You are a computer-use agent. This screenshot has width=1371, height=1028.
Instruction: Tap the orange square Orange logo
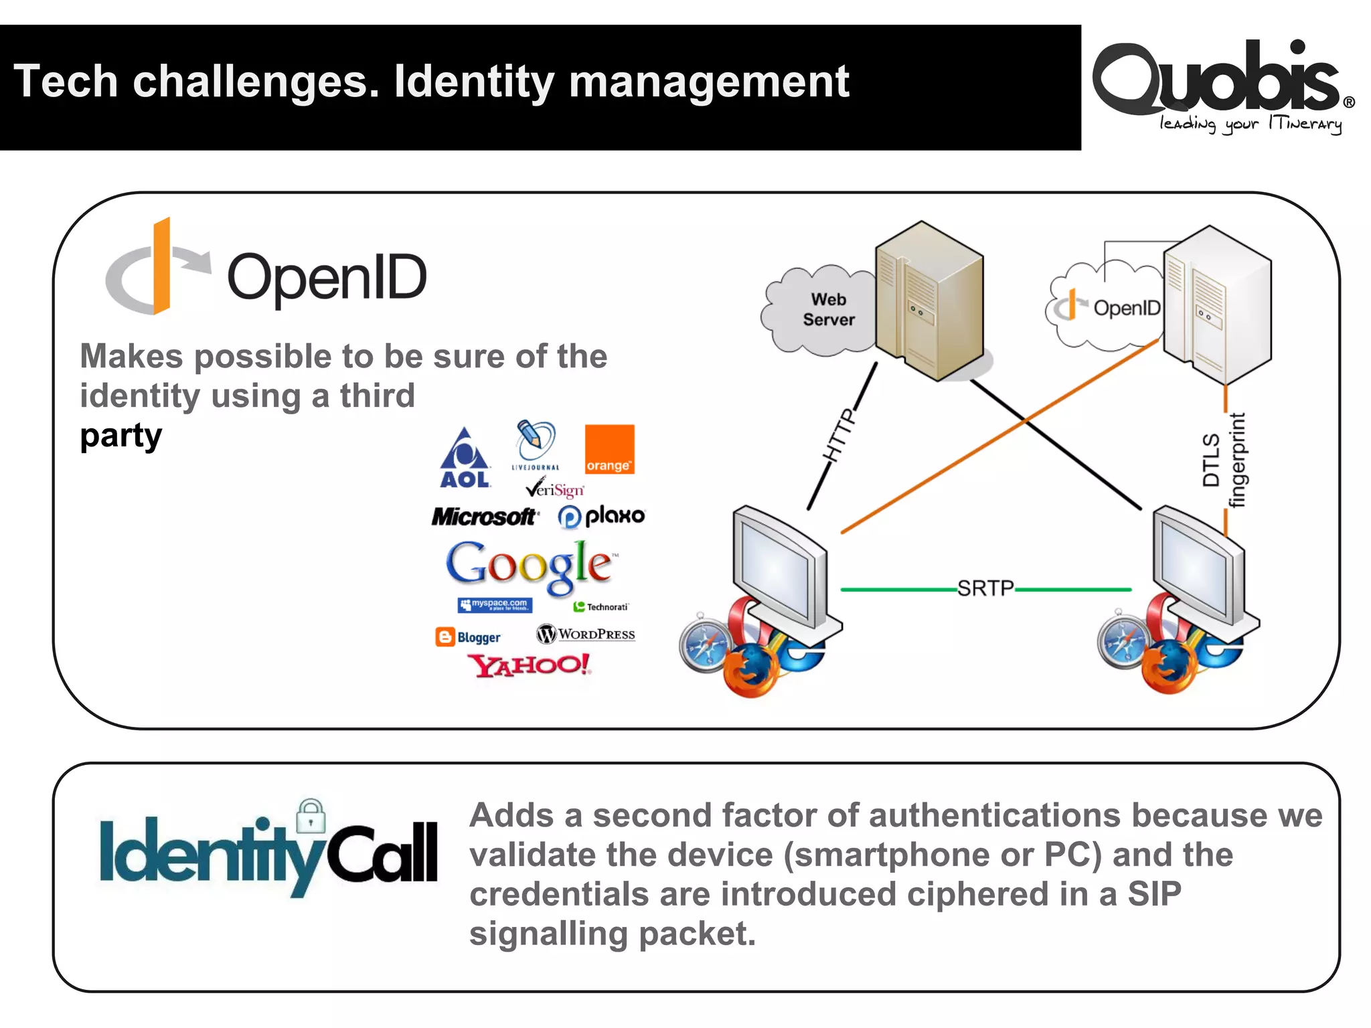click(x=609, y=449)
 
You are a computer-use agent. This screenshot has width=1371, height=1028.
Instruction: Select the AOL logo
click(x=465, y=459)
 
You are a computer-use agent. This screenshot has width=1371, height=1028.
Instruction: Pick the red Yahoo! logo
click(x=529, y=665)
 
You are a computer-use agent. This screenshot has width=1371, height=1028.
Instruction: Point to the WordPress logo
click(x=586, y=634)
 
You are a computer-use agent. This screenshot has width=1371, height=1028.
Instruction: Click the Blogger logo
click(x=468, y=637)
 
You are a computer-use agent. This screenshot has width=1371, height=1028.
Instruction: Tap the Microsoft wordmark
click(x=483, y=517)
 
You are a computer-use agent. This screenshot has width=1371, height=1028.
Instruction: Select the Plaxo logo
click(x=601, y=516)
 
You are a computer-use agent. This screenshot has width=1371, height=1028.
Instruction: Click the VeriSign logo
click(x=555, y=489)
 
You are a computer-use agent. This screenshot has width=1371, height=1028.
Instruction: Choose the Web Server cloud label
click(x=828, y=310)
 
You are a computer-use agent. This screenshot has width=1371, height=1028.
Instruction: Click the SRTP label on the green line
click(x=985, y=588)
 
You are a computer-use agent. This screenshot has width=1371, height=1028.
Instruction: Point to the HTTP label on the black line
click(x=839, y=435)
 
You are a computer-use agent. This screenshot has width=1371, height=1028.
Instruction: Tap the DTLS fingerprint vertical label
click(x=1224, y=460)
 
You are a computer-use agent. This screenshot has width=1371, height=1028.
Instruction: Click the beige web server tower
click(x=929, y=301)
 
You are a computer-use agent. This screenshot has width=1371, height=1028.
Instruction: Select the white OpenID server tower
click(x=1216, y=305)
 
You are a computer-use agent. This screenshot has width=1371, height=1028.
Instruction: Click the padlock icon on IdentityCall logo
click(x=311, y=816)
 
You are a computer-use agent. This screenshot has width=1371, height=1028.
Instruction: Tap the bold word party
click(x=121, y=436)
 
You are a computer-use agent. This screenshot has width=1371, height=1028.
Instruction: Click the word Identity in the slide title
click(x=475, y=82)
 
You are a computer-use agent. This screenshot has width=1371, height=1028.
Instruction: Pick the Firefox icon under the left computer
click(x=751, y=670)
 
